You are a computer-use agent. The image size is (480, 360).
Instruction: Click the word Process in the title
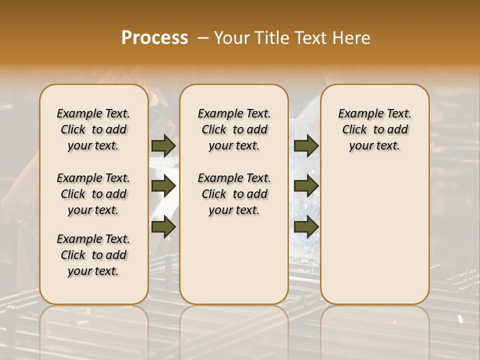click(154, 38)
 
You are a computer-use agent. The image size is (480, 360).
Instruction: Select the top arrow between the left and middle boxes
click(163, 146)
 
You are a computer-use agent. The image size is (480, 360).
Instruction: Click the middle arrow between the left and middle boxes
click(163, 186)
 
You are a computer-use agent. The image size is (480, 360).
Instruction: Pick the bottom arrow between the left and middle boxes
click(163, 227)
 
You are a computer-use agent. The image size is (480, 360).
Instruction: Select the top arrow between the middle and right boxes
click(306, 146)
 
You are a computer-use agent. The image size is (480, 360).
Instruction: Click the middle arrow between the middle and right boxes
click(306, 186)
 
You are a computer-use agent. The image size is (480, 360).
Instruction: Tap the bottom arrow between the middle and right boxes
click(306, 227)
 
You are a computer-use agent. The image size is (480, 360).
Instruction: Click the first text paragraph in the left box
click(93, 129)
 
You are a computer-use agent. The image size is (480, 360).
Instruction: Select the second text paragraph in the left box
click(93, 194)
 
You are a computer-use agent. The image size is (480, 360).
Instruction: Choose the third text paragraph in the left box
click(93, 255)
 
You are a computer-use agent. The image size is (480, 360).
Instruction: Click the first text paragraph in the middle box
click(234, 129)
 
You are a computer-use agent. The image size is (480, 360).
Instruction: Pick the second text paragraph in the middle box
click(234, 194)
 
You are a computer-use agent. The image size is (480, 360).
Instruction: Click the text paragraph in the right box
click(374, 129)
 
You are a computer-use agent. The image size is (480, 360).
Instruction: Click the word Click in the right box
click(354, 130)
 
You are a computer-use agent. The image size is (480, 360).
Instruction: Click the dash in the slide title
click(203, 38)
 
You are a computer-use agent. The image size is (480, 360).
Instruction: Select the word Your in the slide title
click(231, 38)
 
